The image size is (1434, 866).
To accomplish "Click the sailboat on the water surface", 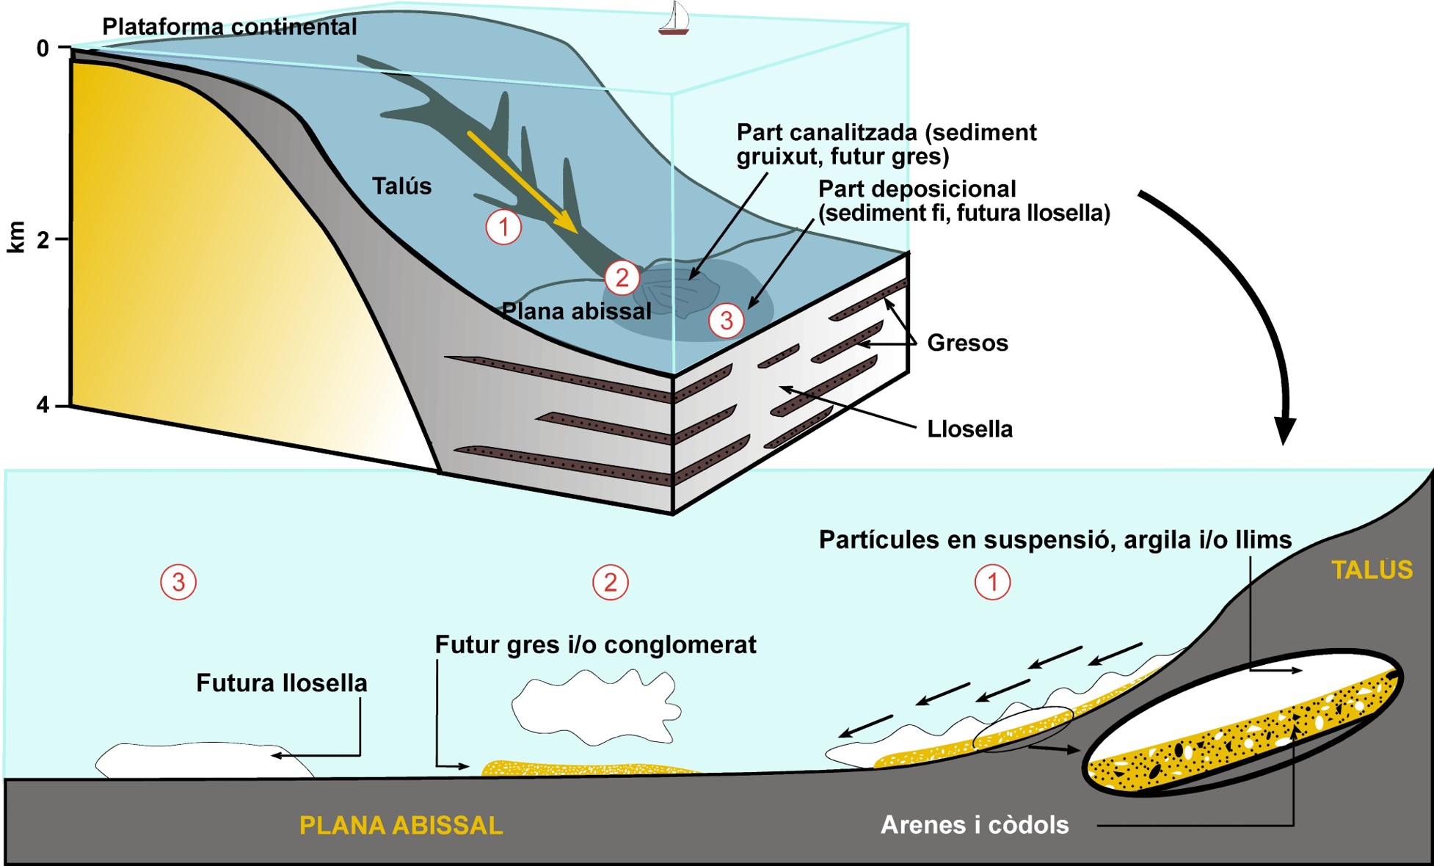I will (674, 19).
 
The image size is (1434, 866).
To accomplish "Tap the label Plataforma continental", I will (229, 26).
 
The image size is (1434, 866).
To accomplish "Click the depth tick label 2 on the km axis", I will (43, 239).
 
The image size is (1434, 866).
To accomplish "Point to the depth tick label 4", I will (43, 405).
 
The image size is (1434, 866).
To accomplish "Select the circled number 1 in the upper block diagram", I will (503, 228).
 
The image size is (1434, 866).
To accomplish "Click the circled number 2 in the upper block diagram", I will (622, 277).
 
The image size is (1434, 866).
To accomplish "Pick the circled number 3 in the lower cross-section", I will (178, 583).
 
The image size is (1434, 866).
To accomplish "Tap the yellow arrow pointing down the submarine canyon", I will (523, 182).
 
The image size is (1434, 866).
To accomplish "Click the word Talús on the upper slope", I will (401, 186).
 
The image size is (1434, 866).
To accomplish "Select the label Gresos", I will (967, 343).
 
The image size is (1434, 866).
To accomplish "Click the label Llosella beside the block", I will (969, 429).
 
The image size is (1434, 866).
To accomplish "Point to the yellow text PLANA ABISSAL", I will (401, 825).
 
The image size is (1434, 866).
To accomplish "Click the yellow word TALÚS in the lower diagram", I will (1372, 570).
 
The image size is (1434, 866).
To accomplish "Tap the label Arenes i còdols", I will (975, 825).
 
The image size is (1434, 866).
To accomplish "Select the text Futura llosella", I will (282, 683).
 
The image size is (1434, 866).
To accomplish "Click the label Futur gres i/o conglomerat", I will (595, 644).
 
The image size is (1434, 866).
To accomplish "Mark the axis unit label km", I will (16, 237).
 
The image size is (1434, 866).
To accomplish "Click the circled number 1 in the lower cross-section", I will (992, 583).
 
